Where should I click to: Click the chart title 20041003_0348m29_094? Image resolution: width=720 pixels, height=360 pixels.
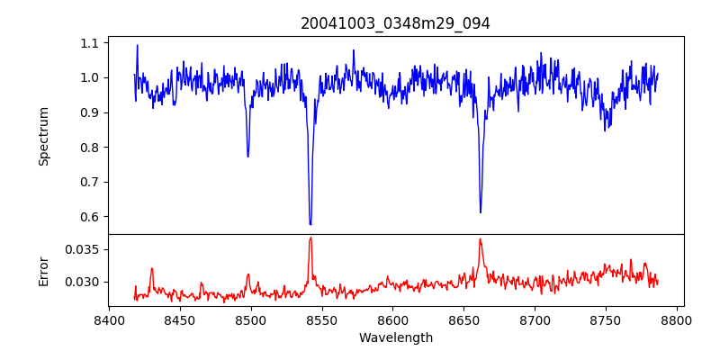tap(395, 23)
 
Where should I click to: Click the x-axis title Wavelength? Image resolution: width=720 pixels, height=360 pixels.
tap(395, 338)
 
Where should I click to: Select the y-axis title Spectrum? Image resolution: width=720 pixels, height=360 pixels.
tap(43, 136)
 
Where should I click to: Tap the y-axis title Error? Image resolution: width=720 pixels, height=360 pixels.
tap(43, 270)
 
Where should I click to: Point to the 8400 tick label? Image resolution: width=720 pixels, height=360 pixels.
tap(109, 319)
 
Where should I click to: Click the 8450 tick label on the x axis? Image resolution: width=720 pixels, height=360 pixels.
tap(180, 319)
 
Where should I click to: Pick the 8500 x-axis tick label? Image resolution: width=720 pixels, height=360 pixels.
tap(251, 319)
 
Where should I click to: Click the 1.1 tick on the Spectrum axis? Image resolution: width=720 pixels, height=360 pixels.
tap(90, 43)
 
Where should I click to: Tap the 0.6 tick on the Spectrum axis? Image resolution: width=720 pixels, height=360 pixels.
tap(90, 217)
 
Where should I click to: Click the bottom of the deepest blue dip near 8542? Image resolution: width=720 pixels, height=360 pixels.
tap(310, 224)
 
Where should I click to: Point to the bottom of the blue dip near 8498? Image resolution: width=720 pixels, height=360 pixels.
tap(247, 157)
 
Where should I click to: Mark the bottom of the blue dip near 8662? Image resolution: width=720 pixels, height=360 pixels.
tap(481, 212)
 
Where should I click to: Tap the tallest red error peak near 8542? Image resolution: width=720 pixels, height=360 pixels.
tap(310, 238)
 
